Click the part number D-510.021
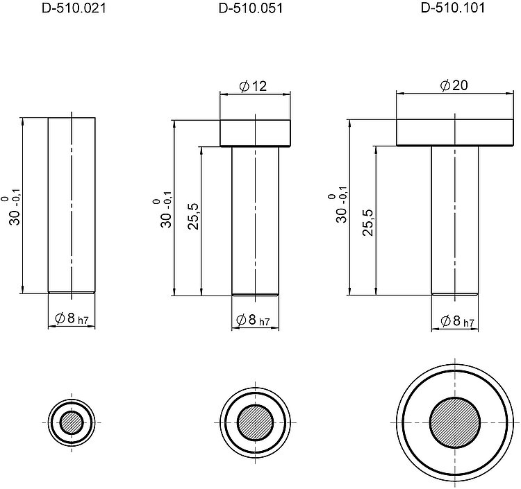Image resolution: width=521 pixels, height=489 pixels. coord(74,8)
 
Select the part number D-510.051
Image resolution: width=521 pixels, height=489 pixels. coord(251,8)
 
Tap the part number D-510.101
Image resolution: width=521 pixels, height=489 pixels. coord(452,8)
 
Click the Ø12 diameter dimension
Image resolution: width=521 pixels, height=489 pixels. coord(253,86)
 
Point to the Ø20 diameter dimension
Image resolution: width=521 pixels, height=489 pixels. coord(454,85)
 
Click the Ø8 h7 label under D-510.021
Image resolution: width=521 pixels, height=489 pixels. coord(72,319)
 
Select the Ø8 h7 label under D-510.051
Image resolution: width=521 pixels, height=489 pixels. coord(253,320)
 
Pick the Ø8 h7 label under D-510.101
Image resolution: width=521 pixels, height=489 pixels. coord(457,321)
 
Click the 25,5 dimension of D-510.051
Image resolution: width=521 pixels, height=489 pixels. coord(193,216)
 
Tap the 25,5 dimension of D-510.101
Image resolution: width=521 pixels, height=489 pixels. coord(367,222)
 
